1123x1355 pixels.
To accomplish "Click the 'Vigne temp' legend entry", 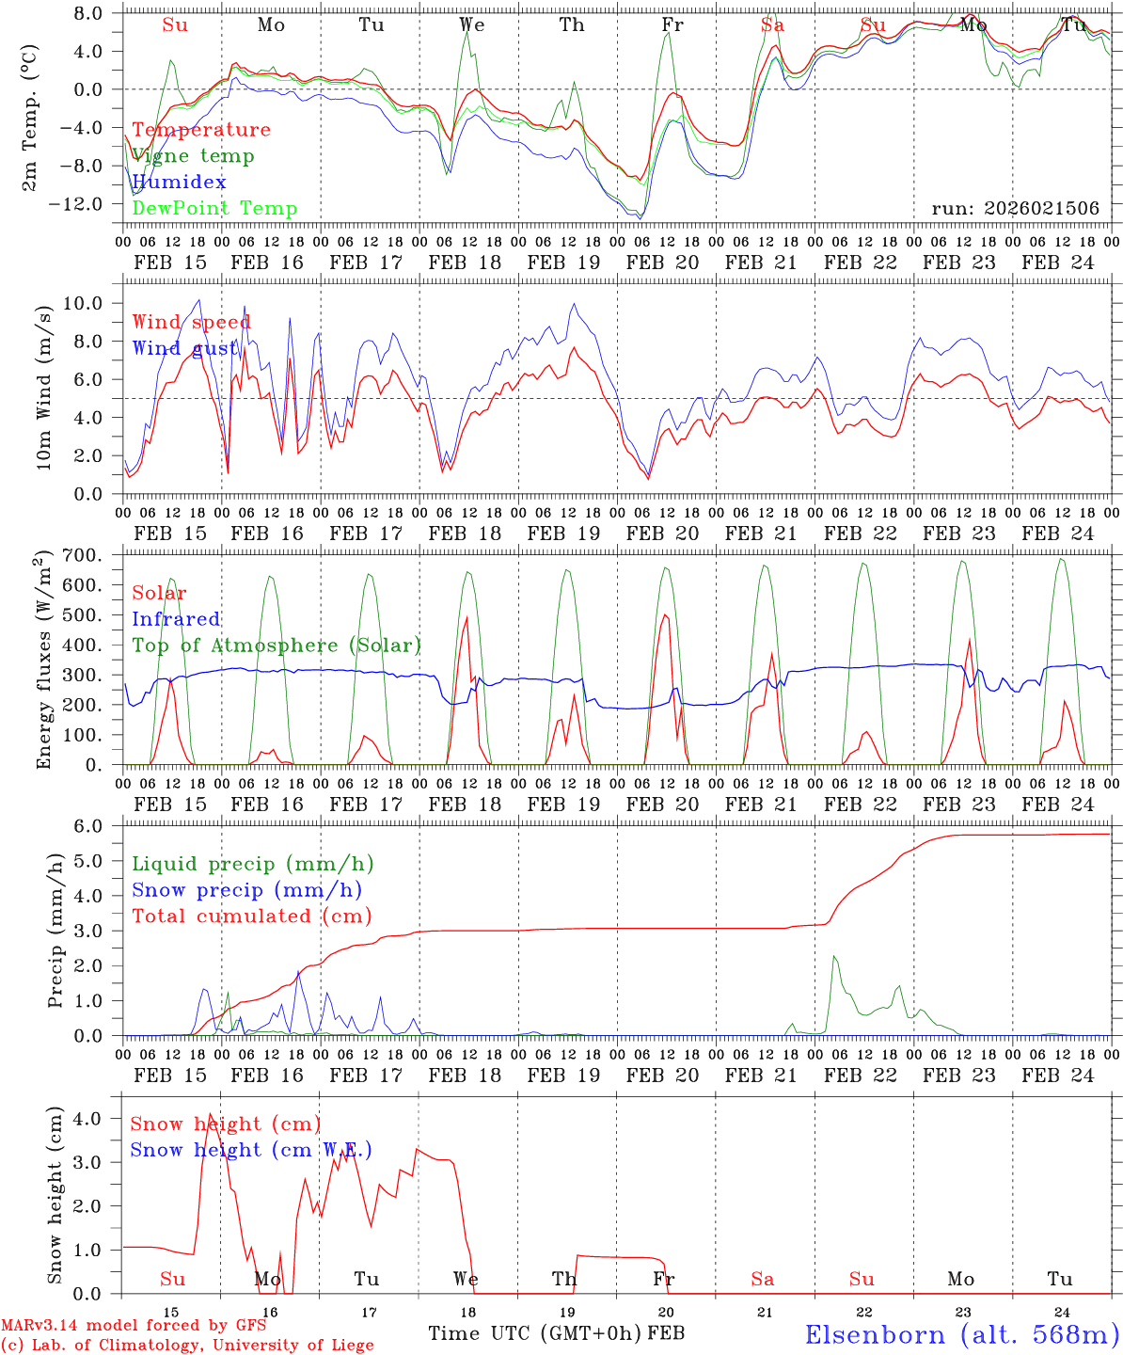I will pos(193,156).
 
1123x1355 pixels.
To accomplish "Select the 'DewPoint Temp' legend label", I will pos(214,209).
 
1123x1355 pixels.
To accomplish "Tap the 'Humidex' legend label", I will pos(179,183).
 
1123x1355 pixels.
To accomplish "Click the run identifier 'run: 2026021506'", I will pos(1015,209).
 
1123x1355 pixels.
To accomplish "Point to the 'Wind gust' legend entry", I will pos(185,349).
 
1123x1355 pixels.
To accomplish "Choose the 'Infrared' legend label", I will pos(176,619).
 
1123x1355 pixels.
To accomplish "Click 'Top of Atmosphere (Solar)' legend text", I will pos(277,646).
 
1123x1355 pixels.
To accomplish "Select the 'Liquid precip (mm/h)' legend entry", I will pos(252,864).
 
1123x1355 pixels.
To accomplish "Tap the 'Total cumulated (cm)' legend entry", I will pos(251,917).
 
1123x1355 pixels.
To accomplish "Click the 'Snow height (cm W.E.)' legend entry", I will pos(250,1150).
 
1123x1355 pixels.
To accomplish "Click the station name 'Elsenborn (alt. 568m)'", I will pos(961,1334).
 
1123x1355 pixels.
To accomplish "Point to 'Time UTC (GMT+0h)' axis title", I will pos(535,1333).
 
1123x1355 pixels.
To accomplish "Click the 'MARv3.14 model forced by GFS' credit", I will pos(134,1326).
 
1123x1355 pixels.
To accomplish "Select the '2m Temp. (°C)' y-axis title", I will pos(30,117).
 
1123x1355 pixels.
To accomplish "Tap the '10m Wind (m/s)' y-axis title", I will pos(44,387).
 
